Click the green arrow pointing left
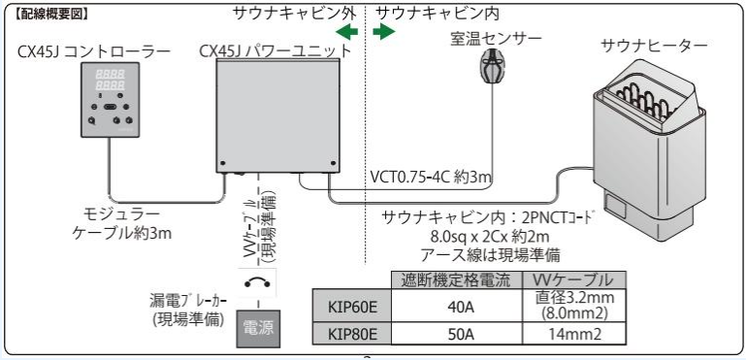[346, 32]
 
